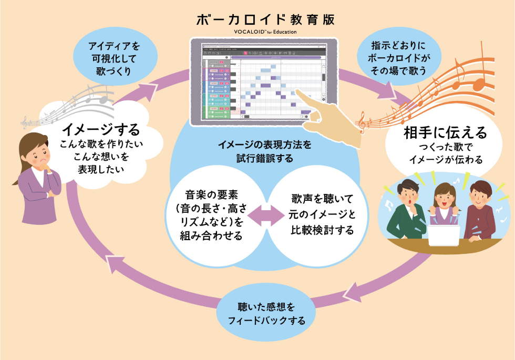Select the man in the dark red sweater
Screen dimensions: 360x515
tap(479, 210)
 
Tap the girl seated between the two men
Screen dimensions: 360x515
tap(443, 202)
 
